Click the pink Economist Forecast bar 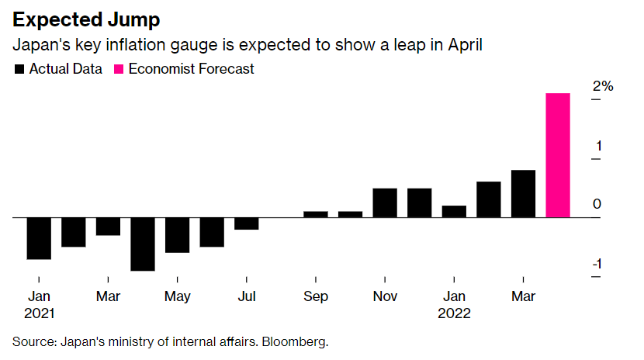tap(558, 155)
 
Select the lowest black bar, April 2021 tap(143, 244)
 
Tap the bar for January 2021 tap(39, 238)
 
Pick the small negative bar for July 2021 tap(247, 223)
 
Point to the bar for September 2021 tap(316, 214)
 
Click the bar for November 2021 tap(385, 202)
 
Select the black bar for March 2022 tap(523, 194)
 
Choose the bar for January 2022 tap(454, 212)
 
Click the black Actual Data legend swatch tap(19, 68)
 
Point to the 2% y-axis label tap(602, 86)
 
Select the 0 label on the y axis tap(597, 204)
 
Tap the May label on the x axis tap(178, 296)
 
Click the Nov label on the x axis tap(385, 296)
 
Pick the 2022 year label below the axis tap(454, 313)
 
